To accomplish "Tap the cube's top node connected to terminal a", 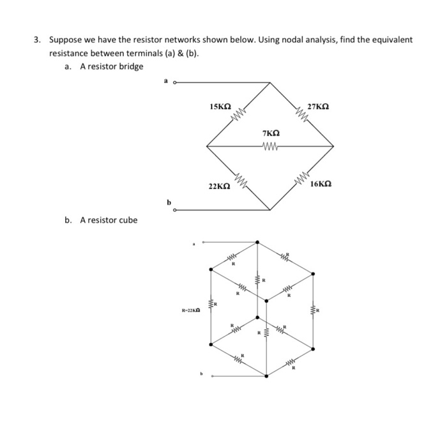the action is click(257, 242).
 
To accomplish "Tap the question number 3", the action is click(37, 40).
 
